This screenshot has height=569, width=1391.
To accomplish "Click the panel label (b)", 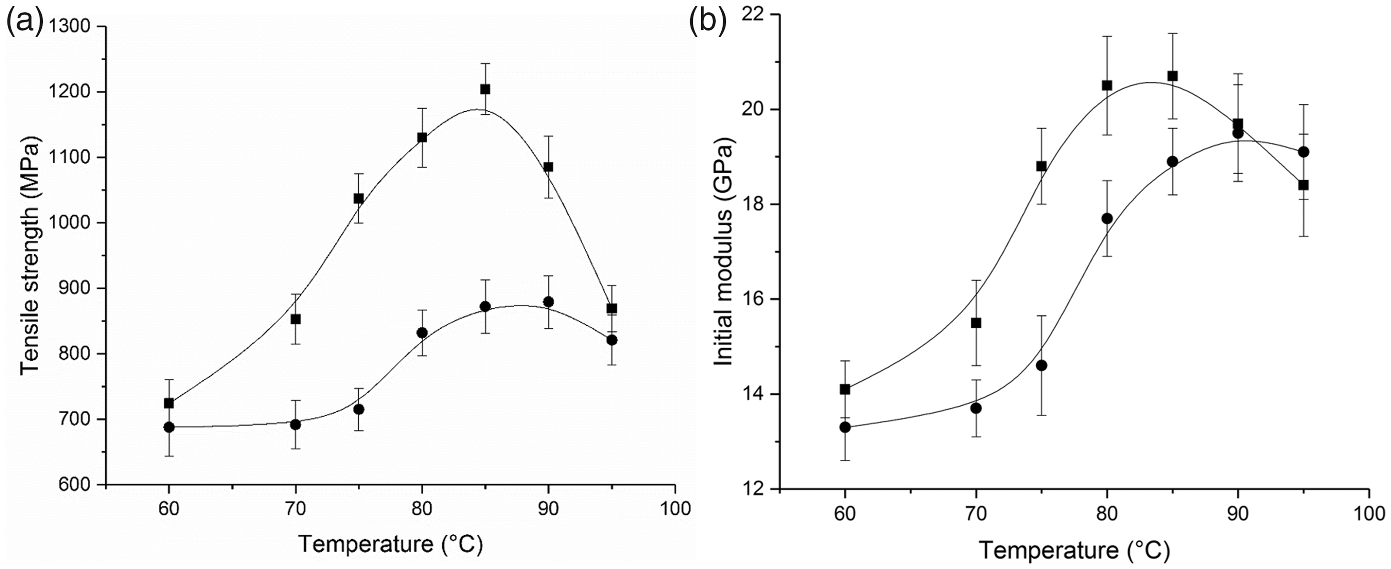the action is coord(708,23).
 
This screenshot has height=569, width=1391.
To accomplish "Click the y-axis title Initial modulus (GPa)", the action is coord(724,252).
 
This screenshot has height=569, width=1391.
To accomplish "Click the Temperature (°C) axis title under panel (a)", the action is coord(390,544).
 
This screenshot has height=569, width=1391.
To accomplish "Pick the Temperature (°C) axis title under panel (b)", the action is coord(1075,551).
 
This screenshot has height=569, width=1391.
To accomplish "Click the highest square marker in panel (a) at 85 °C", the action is coord(485,89).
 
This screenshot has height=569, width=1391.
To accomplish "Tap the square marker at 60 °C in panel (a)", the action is coord(168,403).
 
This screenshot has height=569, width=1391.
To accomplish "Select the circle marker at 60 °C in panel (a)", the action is coord(168,427).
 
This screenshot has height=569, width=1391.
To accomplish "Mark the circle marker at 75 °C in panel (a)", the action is coord(359,409).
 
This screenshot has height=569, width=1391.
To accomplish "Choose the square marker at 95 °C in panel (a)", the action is coord(612,309).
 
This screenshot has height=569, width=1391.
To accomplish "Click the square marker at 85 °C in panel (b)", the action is coord(1172,76).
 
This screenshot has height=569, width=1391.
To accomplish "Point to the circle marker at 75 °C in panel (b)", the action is coord(1042,365).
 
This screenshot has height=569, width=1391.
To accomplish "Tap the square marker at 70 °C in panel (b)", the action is coord(976,323).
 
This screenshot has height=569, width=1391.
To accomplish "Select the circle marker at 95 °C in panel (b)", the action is coord(1304,152).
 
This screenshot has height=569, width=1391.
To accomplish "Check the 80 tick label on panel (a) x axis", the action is coord(422,508).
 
